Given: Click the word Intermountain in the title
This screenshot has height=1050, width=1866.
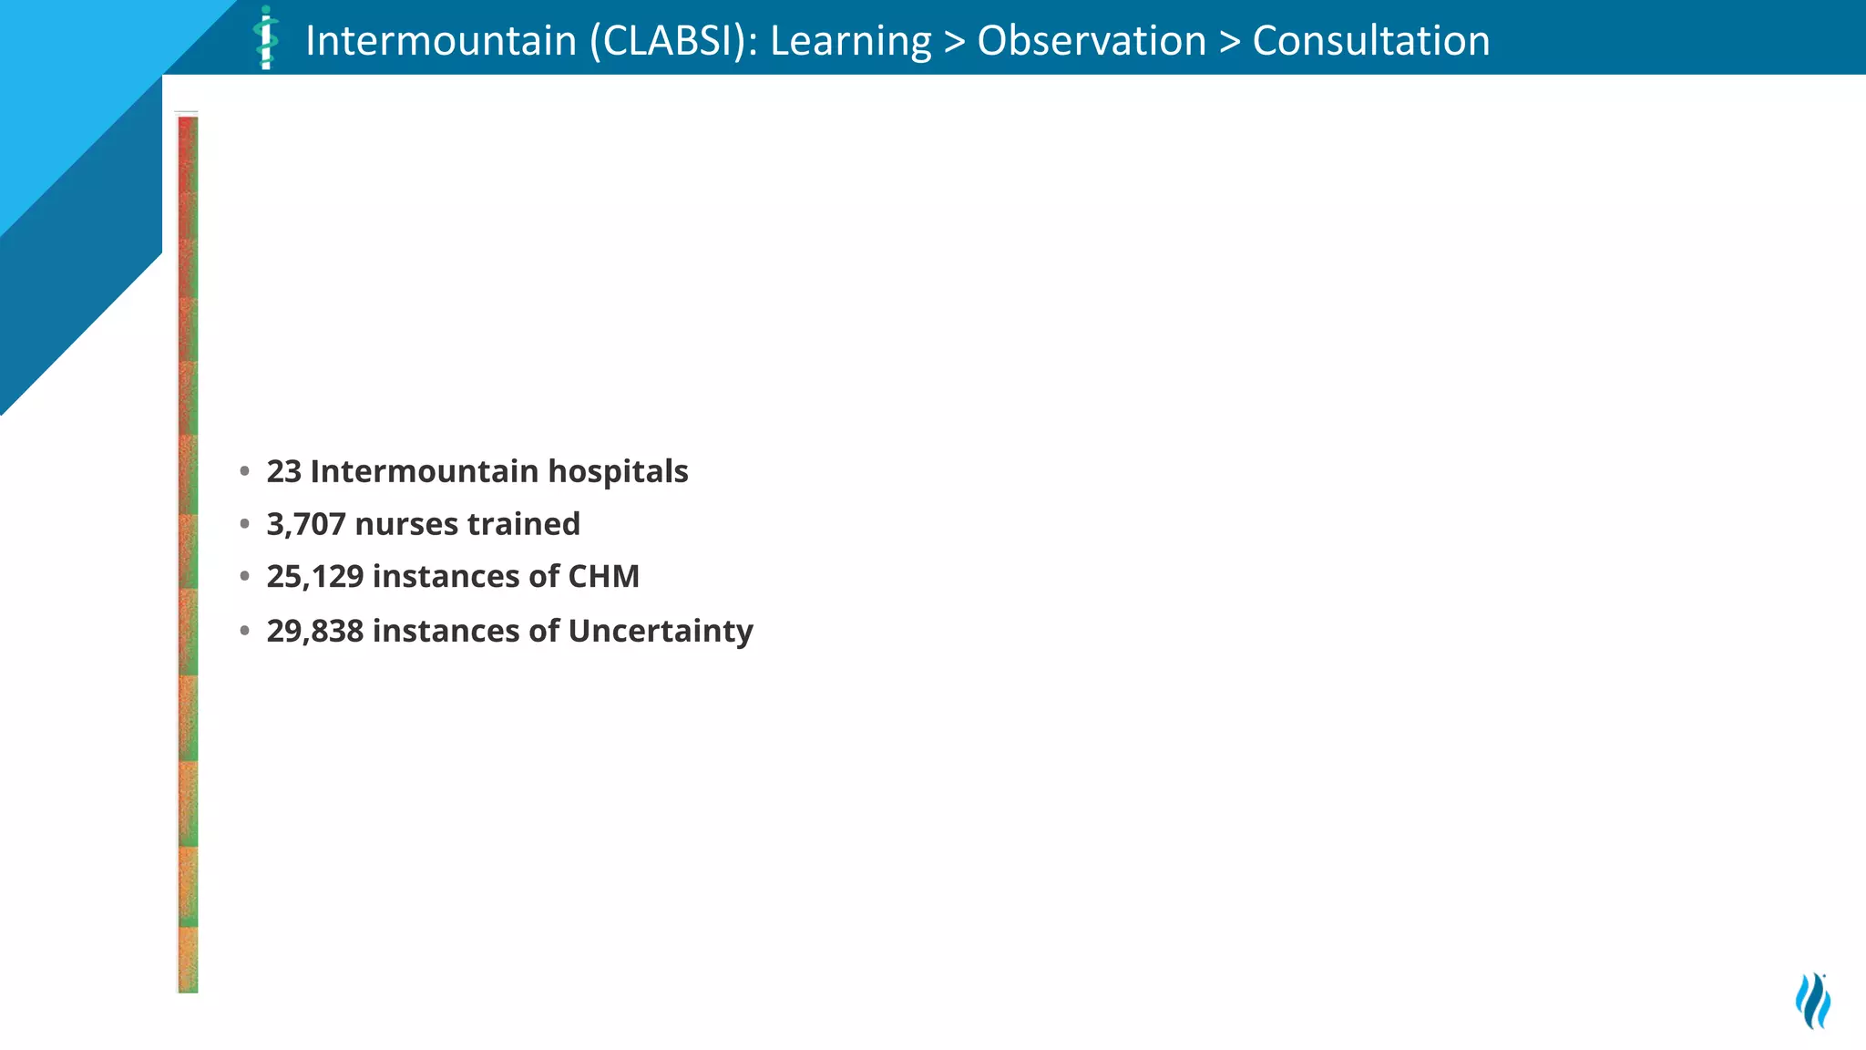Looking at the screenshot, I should [441, 41].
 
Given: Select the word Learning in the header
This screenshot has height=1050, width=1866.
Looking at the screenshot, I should [850, 41].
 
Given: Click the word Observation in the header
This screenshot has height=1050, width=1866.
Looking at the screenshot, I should [1092, 41].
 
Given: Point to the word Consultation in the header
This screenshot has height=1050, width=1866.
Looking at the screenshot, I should [1371, 41].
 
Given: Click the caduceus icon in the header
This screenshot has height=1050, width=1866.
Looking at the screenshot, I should [265, 38].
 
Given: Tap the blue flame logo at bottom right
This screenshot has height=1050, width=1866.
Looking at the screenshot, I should [1812, 1001].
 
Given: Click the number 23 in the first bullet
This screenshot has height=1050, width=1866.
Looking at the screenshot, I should [283, 471].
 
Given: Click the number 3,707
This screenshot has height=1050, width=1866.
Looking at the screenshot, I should [305, 524].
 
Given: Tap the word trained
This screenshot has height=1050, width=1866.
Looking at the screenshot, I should [523, 524].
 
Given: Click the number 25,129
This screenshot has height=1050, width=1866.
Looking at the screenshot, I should [314, 576].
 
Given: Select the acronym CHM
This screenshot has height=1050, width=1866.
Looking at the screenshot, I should [603, 576].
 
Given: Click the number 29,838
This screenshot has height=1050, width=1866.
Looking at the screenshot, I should [314, 631].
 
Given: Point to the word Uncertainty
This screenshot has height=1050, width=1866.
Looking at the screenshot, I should [660, 631].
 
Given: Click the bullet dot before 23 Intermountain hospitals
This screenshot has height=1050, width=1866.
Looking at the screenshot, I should [244, 471].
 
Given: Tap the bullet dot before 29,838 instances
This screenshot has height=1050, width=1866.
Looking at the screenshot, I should [244, 631].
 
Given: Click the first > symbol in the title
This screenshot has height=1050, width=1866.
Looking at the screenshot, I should [954, 42].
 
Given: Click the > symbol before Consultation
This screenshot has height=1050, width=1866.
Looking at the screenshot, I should [1229, 42].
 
